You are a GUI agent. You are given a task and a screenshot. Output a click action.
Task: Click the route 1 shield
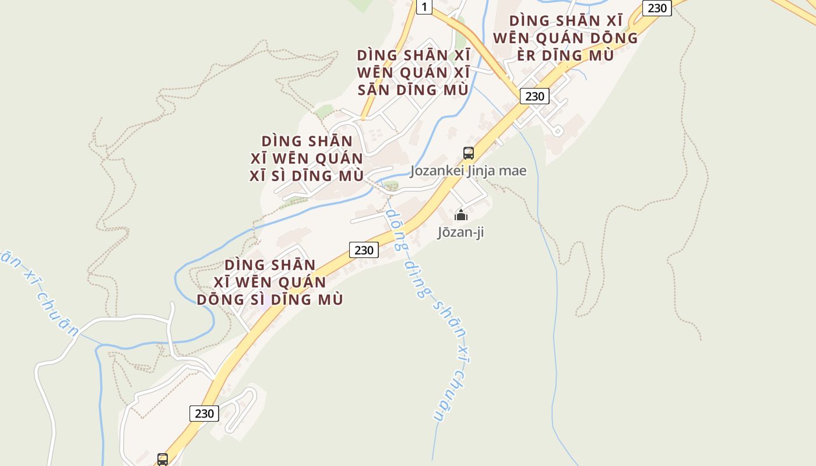click(424, 7)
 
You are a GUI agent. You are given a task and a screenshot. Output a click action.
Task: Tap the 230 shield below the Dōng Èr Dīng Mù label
click(534, 96)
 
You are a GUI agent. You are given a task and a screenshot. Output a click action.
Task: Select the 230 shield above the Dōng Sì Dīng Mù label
click(364, 250)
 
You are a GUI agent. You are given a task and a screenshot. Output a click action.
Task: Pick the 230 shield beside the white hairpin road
click(204, 414)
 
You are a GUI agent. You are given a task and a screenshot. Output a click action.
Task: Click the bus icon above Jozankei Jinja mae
click(468, 153)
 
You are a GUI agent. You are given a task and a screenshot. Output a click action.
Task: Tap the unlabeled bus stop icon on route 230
click(163, 459)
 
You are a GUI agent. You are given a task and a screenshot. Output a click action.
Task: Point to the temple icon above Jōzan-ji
click(461, 215)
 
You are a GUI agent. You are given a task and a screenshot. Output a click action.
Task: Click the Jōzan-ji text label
click(460, 232)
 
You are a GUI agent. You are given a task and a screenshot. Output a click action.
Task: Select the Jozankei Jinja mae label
click(468, 171)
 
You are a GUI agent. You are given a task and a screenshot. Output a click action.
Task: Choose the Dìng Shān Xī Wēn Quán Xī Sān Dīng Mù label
click(413, 73)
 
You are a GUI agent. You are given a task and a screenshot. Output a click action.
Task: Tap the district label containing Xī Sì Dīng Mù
click(307, 158)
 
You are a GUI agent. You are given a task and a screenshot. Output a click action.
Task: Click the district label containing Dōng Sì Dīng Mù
click(269, 282)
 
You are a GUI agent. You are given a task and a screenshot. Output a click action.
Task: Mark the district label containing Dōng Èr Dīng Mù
click(565, 38)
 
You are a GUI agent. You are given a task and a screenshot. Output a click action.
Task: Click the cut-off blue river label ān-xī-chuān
click(41, 291)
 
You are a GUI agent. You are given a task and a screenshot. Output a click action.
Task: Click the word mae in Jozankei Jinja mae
click(512, 171)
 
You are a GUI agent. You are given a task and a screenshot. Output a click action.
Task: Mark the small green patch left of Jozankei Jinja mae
click(391, 186)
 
